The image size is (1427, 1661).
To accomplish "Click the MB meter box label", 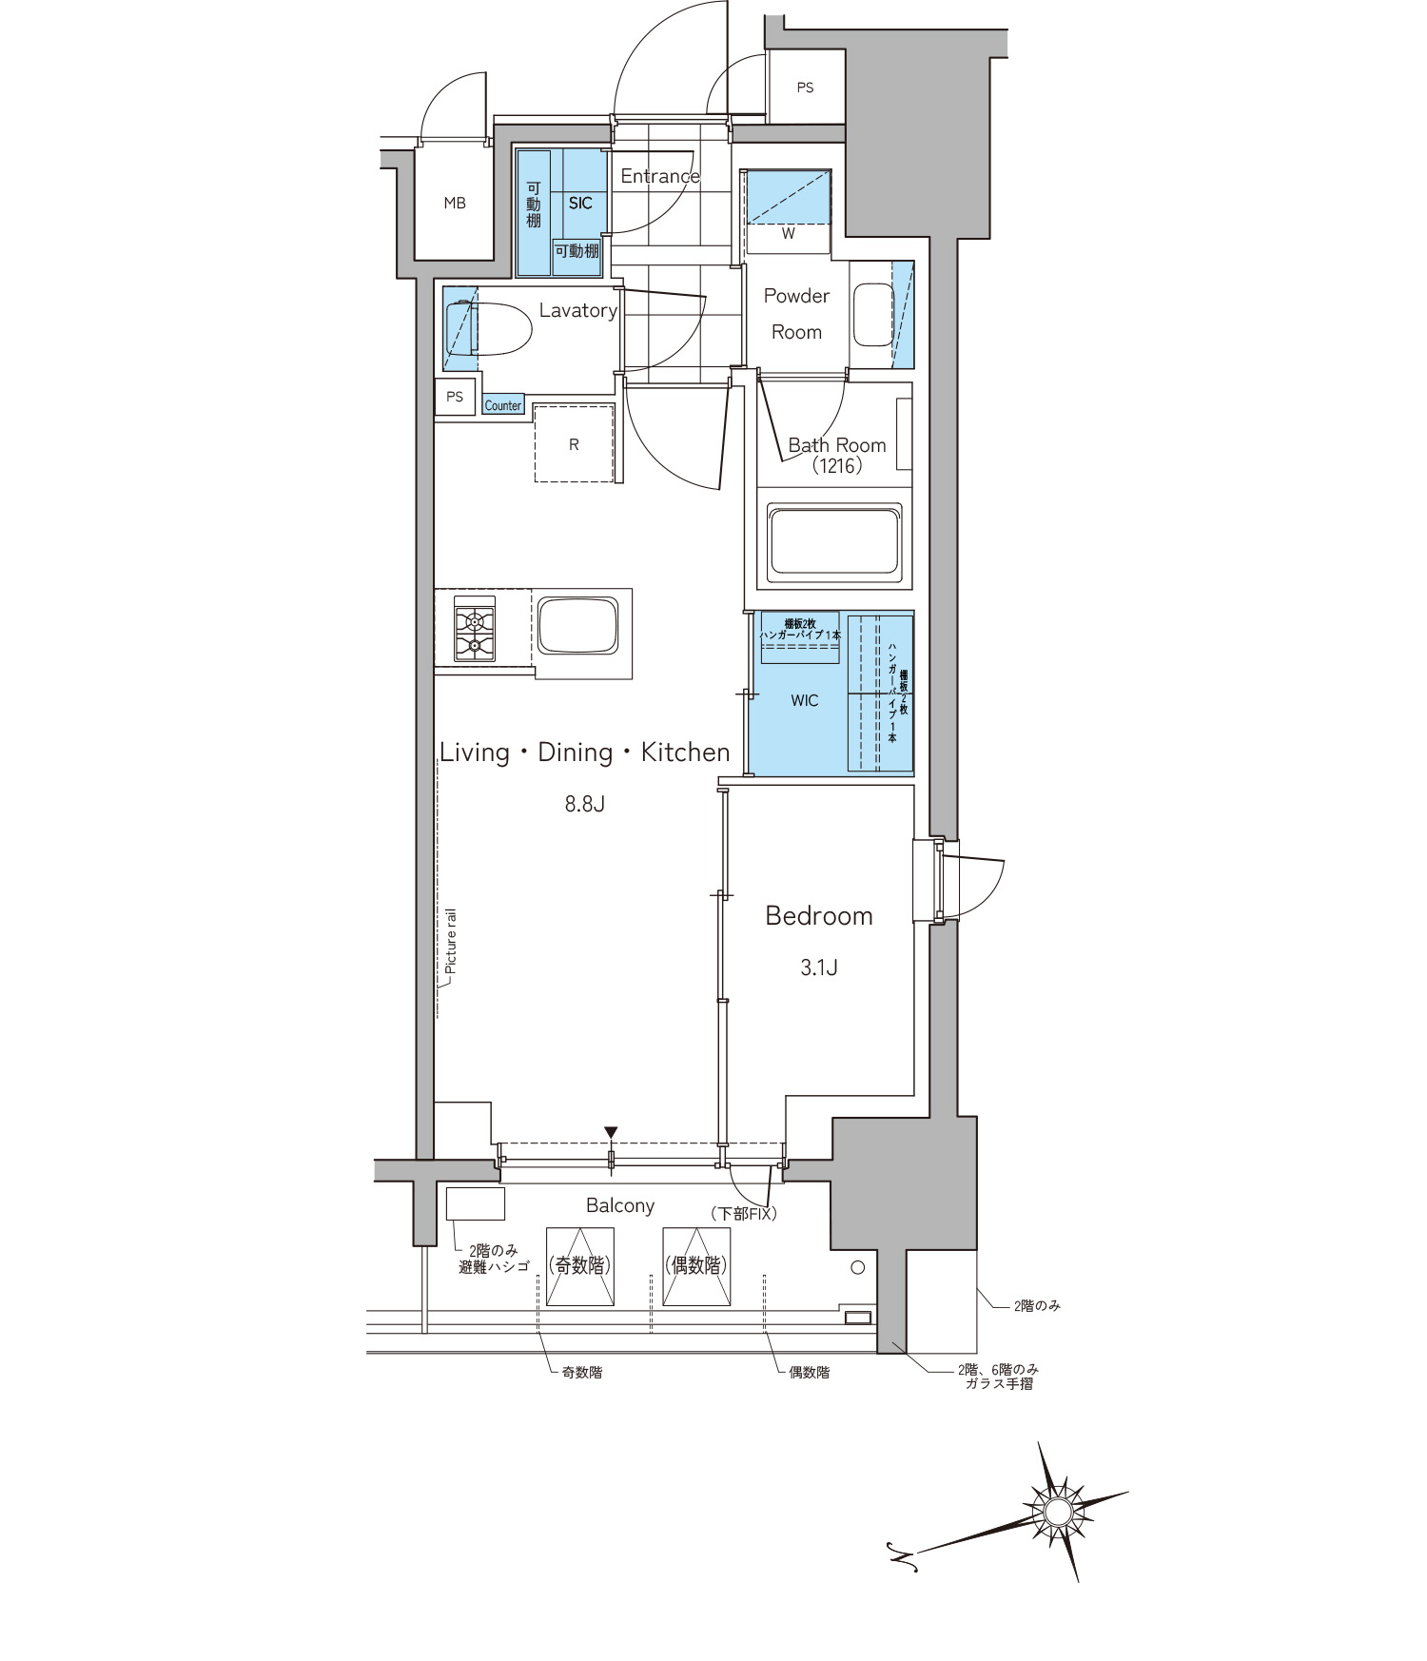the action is [455, 203].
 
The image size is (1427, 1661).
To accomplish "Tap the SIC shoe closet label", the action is [580, 203].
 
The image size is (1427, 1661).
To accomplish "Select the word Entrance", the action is [660, 176].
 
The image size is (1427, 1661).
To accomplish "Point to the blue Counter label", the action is [502, 405].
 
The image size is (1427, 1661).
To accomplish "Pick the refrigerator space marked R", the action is [574, 444].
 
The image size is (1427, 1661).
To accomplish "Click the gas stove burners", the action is [475, 634].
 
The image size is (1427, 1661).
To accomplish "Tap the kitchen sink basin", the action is [577, 624].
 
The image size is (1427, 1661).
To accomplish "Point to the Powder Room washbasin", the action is [872, 315].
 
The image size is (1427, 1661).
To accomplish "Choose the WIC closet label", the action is [805, 700].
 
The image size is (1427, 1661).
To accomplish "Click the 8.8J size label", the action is [585, 804].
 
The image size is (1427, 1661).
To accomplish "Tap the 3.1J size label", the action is [818, 967].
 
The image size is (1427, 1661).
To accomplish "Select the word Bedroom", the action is [819, 916].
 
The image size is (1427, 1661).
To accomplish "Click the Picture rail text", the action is [451, 941].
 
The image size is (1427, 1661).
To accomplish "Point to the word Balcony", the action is [620, 1206].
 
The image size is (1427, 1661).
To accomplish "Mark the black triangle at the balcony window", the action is [611, 1132].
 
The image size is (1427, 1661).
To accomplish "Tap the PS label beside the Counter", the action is [455, 397].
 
